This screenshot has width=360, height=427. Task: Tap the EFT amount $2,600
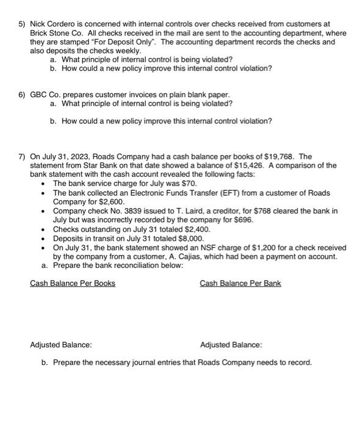(x=111, y=201)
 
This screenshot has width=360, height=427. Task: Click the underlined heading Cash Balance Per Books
(x=73, y=284)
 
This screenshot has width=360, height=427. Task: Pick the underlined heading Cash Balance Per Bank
(x=240, y=284)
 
